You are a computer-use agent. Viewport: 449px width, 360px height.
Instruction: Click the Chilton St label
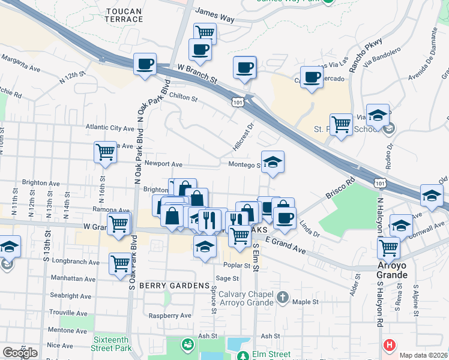tap(184, 97)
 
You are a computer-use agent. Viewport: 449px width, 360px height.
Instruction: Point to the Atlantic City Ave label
tap(110, 128)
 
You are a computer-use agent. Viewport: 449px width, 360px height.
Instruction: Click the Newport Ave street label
tap(163, 164)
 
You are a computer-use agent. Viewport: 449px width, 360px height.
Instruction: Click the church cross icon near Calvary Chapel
tap(283, 297)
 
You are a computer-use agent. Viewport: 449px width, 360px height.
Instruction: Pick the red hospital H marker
tap(390, 345)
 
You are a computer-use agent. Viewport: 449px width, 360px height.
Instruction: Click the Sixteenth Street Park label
tap(112, 344)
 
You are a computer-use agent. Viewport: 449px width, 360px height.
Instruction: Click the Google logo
tap(20, 352)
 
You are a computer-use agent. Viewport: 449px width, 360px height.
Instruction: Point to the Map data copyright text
tap(423, 355)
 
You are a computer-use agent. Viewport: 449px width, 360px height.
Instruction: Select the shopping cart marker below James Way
tap(205, 33)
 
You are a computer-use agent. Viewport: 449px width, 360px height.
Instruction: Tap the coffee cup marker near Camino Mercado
tap(312, 78)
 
